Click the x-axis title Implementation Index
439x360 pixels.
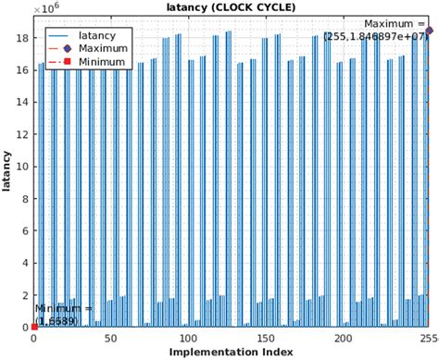(231, 352)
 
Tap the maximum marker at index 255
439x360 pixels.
(430, 31)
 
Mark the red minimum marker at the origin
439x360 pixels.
(34, 327)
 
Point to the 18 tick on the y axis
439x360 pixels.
(24, 38)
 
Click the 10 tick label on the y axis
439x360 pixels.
(24, 167)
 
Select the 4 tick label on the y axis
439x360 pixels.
(27, 263)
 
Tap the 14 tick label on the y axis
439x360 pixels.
(24, 102)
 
